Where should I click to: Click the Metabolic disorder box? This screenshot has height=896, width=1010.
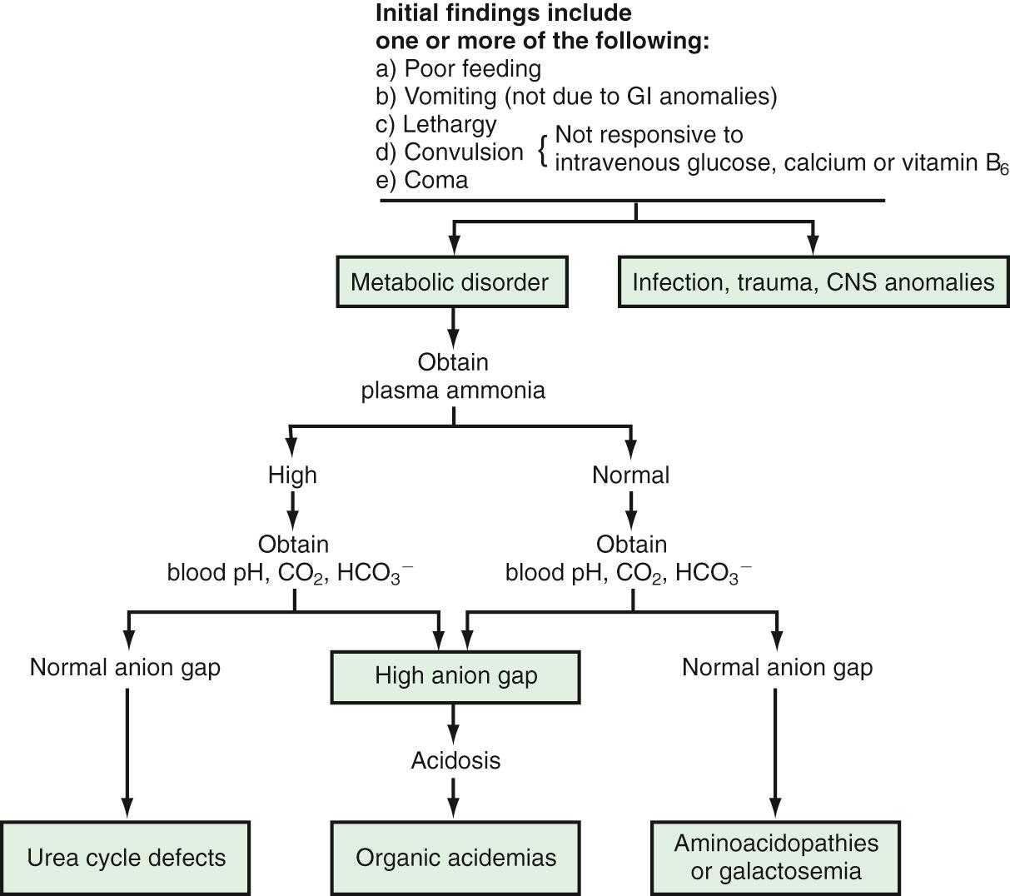coord(450,282)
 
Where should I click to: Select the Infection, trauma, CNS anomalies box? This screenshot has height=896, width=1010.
coord(813,282)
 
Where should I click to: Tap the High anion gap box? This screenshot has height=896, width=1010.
coord(455,676)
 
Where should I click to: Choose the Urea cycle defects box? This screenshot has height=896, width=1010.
coord(126,858)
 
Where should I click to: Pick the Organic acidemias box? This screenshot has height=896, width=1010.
coord(455,858)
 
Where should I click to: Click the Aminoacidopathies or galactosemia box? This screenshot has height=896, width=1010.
coord(776,858)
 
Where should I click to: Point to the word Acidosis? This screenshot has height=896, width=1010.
coord(455,760)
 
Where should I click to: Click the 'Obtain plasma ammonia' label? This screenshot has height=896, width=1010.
coord(453,376)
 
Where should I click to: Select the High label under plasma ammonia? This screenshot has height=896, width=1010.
coord(292,475)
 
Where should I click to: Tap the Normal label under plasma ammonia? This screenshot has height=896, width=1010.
coord(630,475)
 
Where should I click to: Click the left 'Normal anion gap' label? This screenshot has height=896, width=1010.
coord(125,667)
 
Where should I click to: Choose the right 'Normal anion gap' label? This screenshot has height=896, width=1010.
coord(777,667)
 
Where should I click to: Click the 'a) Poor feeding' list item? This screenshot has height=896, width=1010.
coord(458,68)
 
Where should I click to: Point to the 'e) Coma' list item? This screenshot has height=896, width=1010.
coord(422,180)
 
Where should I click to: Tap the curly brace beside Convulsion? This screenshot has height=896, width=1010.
coord(543,151)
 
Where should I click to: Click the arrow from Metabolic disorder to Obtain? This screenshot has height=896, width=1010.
coord(453,329)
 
